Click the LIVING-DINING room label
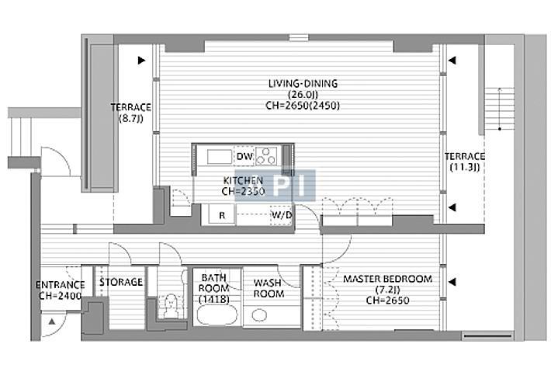pyautogui.click(x=303, y=94)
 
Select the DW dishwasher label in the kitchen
pyautogui.click(x=244, y=156)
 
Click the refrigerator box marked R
pyautogui.click(x=222, y=214)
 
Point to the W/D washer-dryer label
pyautogui.click(x=282, y=214)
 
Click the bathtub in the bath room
pyautogui.click(x=217, y=315)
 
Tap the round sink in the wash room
pyautogui.click(x=259, y=315)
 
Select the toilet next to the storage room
pyautogui.click(x=171, y=306)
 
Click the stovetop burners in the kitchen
pyautogui.click(x=266, y=156)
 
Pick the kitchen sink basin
pyautogui.click(x=220, y=157)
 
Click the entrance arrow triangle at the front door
pyautogui.click(x=52, y=321)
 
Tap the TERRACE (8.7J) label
pyautogui.click(x=131, y=113)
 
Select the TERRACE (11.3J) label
pyautogui.click(x=465, y=162)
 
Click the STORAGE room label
pyautogui.click(x=121, y=282)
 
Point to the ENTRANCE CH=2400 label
pyautogui.click(x=60, y=290)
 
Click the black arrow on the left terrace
pyautogui.click(x=141, y=61)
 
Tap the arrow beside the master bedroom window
pyautogui.click(x=452, y=282)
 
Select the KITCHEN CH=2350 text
pyautogui.click(x=243, y=186)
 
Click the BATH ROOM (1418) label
pyautogui.click(x=213, y=288)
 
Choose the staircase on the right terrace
pyautogui.click(x=499, y=109)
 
